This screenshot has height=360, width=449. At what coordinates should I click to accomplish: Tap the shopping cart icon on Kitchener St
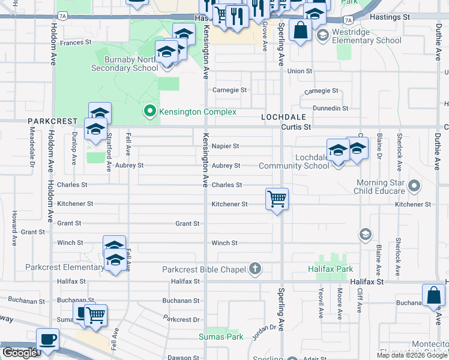pyautogui.click(x=277, y=199)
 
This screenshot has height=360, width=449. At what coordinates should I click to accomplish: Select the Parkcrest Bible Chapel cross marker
pyautogui.click(x=255, y=269)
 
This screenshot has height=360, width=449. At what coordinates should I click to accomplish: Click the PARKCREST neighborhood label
pyautogui.click(x=52, y=121)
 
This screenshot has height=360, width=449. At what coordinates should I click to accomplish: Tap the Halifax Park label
pyautogui.click(x=334, y=269)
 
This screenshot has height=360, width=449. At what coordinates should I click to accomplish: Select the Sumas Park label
pyautogui.click(x=221, y=337)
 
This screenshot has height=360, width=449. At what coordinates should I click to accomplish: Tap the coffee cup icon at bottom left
pyautogui.click(x=48, y=340)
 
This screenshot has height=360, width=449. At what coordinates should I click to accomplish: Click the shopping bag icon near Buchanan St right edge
pyautogui.click(x=433, y=296)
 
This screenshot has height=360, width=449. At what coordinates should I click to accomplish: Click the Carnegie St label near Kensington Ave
pyautogui.click(x=230, y=90)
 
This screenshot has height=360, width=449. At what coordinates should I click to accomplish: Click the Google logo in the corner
pyautogui.click(x=19, y=353)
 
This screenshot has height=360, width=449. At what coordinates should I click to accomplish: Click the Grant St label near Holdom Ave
pyautogui.click(x=32, y=232)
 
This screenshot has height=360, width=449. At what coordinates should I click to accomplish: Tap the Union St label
pyautogui.click(x=300, y=71)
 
